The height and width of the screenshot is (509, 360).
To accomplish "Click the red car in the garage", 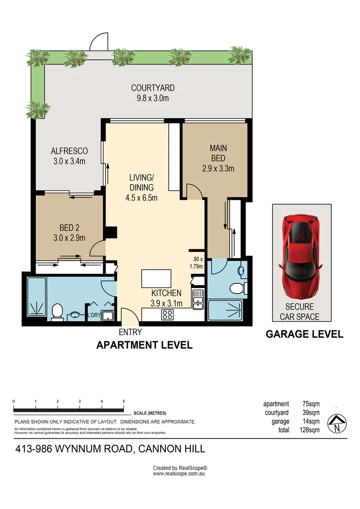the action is click(300, 256).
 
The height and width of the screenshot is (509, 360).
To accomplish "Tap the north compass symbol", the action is click(337, 424).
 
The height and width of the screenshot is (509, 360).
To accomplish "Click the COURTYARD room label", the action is click(153, 88).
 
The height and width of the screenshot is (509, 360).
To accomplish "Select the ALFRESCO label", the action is click(69, 151).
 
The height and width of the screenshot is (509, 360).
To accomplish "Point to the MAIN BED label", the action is click(218, 153).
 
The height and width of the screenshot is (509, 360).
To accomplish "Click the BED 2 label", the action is click(69, 228).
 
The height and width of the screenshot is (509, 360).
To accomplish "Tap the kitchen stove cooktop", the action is click(167, 314).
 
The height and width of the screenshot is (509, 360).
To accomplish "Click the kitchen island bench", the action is click(156, 279).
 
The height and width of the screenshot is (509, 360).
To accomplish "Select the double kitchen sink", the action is click(198, 299).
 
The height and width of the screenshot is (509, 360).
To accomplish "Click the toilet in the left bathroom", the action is click(57, 312).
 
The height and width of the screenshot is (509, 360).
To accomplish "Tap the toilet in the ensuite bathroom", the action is click(238, 287).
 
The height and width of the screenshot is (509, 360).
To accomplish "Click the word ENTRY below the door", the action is click(130, 332).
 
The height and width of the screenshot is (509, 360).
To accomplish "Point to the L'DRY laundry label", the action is click(94, 315).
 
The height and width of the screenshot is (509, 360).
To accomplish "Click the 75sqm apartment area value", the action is click(311, 404).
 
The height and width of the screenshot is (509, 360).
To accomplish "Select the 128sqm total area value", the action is click(310, 430).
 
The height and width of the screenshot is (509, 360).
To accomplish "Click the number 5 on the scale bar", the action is click(123, 402).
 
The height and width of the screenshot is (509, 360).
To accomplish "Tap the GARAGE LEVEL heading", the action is click(304, 334).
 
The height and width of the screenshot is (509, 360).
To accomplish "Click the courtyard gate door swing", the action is click(98, 41).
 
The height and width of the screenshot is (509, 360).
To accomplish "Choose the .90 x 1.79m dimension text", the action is click(196, 263).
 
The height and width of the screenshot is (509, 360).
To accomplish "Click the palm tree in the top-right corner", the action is click(240, 54).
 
